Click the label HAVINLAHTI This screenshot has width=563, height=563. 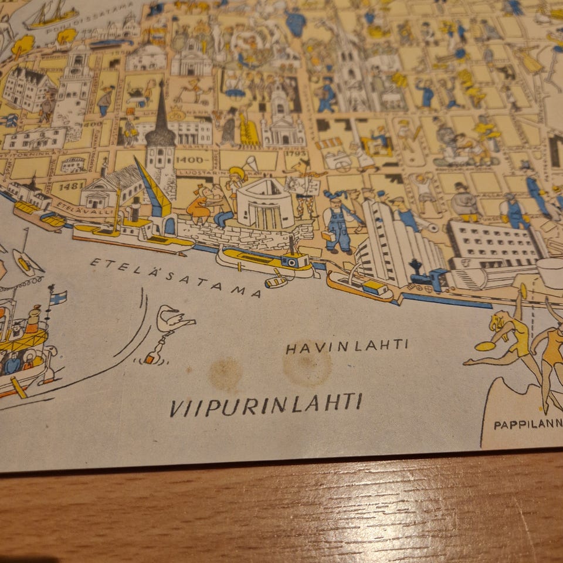point(346,346)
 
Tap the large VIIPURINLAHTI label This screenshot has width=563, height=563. point(266,404)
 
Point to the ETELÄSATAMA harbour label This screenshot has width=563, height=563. point(175,277)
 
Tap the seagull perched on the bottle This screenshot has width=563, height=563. point(172,320)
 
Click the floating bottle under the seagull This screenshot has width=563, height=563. point(153,355)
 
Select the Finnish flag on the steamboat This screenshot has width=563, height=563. point(57,297)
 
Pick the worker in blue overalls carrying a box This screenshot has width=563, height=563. point(338,223)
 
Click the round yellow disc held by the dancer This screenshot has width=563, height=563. point(484,346)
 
